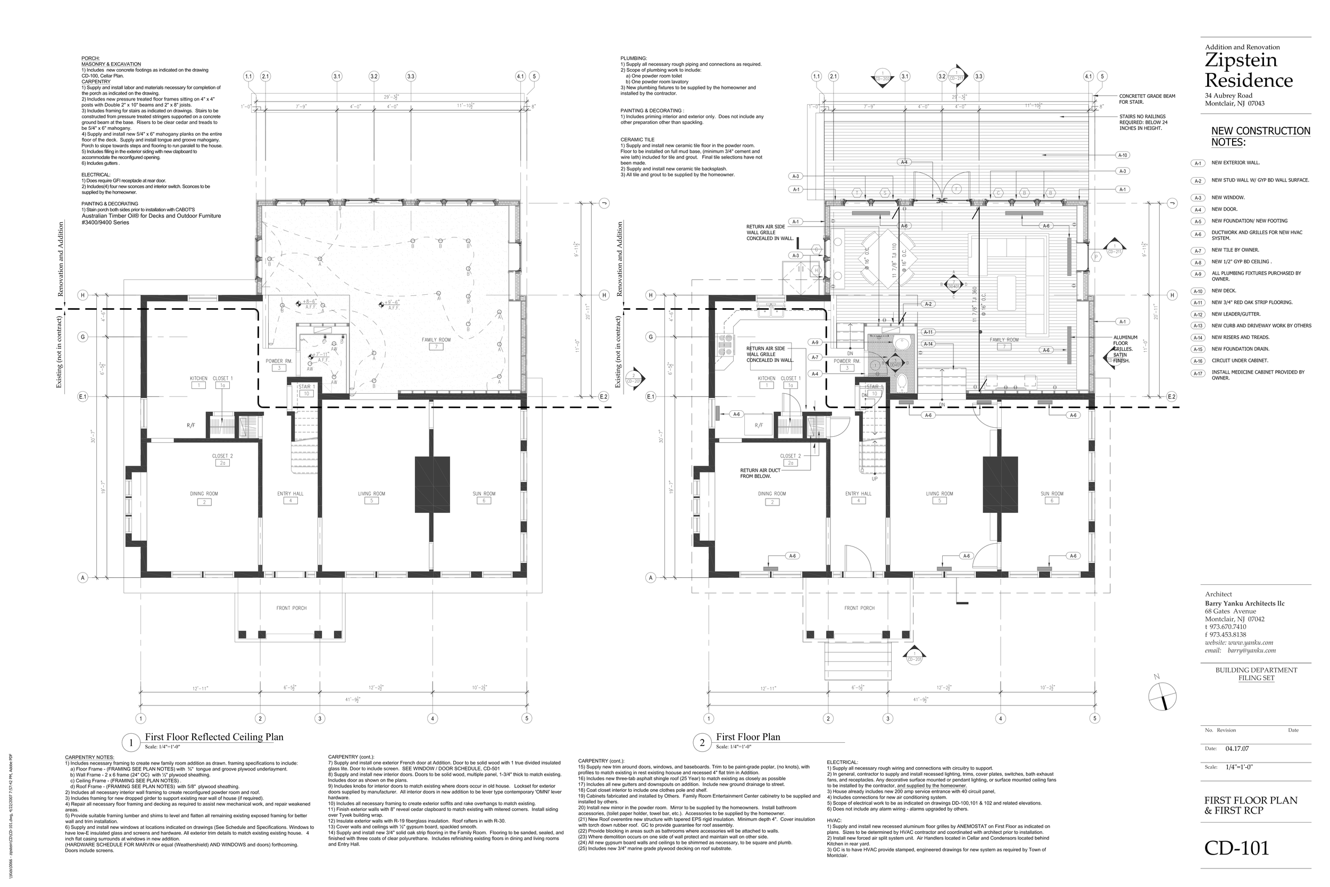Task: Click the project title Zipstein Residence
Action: (1249, 70)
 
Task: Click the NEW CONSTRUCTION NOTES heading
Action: (1260, 136)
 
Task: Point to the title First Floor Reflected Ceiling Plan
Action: (214, 737)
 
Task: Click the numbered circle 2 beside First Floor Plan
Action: (702, 743)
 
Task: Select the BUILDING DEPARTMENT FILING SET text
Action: (1256, 674)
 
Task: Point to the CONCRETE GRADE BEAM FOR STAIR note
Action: (1147, 99)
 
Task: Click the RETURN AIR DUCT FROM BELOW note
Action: (760, 473)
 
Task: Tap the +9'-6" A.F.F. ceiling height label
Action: (393, 304)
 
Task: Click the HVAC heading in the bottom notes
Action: (834, 820)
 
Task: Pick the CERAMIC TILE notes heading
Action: (637, 140)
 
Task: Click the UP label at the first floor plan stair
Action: (874, 478)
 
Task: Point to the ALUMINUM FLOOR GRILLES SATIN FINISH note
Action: (1121, 349)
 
